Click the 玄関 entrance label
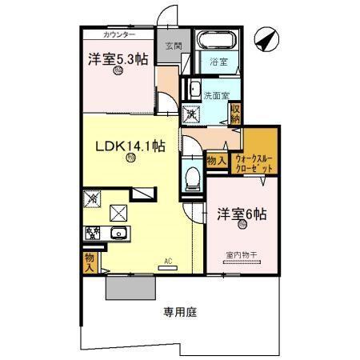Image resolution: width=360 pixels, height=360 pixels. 174,46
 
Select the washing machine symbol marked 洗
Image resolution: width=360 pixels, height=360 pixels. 193,114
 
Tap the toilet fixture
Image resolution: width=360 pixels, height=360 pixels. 192,180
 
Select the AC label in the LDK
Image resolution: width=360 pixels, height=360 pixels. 169,261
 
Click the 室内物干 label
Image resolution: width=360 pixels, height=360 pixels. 241,254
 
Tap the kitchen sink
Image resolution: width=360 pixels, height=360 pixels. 118,234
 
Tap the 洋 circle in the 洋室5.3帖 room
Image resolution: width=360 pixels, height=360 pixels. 118,70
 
